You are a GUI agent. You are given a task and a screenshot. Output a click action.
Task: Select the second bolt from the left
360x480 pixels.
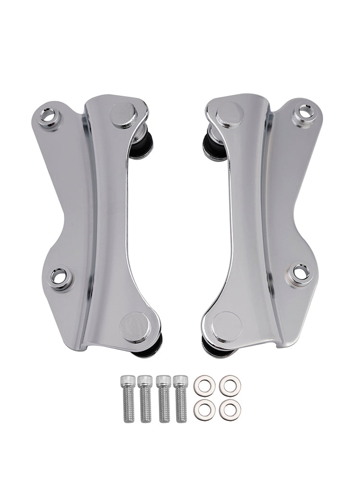[x=145, y=398]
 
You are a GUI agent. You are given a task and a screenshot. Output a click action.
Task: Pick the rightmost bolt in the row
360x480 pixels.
[x=181, y=398]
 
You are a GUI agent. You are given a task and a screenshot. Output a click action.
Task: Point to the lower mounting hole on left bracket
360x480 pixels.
[x=60, y=277]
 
